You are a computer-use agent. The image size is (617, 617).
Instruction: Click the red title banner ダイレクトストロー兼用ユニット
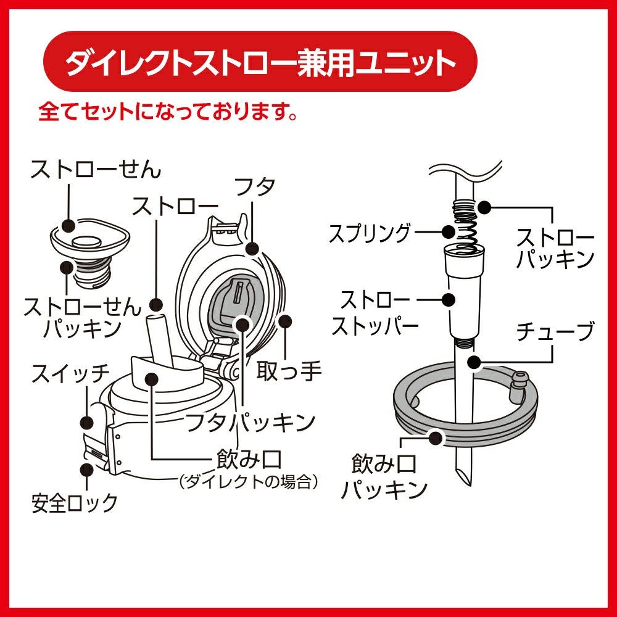259,64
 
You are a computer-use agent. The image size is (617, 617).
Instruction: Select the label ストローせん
96,169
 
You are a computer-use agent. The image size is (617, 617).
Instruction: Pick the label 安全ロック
75,503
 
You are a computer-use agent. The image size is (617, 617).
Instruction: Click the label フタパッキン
251,422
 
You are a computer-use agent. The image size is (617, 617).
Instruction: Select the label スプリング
370,233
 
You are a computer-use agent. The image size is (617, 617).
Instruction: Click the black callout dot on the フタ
252,249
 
